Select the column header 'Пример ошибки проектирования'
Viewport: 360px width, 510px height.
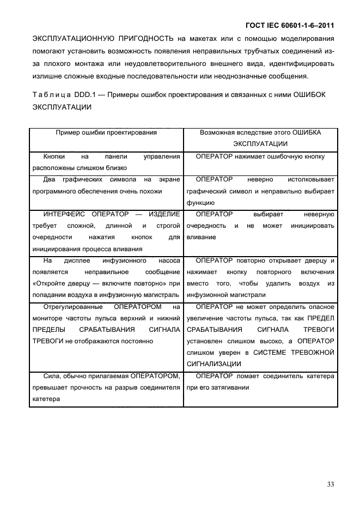coord(106,132)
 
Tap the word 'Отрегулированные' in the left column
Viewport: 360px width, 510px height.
coord(69,307)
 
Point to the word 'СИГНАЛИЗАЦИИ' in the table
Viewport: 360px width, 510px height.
coord(215,363)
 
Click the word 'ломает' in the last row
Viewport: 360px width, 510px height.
coord(251,376)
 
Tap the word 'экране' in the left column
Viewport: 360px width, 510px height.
coord(169,179)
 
